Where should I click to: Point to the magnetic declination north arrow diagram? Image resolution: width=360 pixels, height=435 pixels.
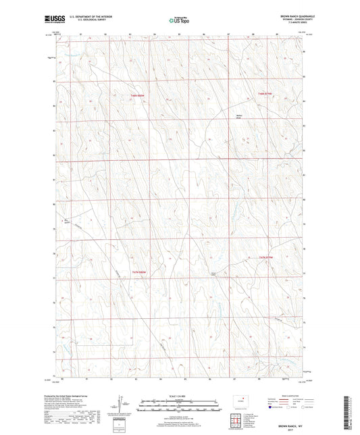coord(124,405)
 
